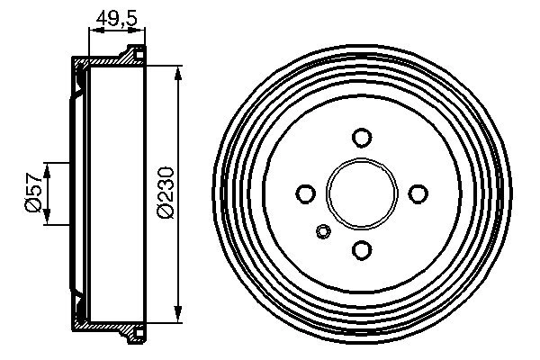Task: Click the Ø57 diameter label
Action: [x=33, y=193]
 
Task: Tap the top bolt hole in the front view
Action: [x=362, y=137]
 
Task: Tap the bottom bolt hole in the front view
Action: [x=362, y=249]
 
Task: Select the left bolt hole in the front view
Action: [x=306, y=193]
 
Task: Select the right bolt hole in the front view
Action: [x=418, y=193]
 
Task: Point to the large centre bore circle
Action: [x=362, y=193]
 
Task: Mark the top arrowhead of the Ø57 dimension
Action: [x=48, y=167]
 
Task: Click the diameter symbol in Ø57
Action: [x=33, y=208]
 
